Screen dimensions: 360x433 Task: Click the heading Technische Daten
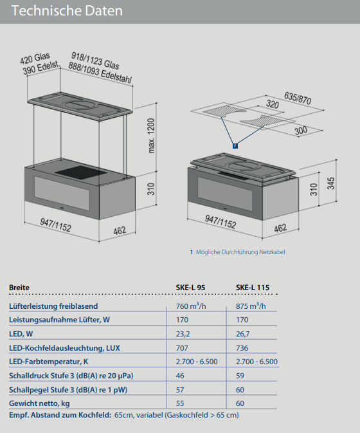tap(67, 11)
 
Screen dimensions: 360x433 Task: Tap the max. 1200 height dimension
tap(152, 136)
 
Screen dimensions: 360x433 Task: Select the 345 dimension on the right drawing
tap(331, 183)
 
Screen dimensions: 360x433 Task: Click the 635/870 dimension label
tap(298, 98)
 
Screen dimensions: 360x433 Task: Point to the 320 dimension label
tap(273, 104)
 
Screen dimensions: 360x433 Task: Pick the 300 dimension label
tap(301, 130)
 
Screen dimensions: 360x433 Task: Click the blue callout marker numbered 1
tap(235, 146)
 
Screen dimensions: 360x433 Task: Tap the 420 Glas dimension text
tap(35, 59)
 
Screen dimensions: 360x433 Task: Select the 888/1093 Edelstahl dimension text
tap(100, 73)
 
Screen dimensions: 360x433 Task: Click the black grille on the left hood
tap(80, 172)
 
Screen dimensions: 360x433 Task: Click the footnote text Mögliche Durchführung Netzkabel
tap(240, 252)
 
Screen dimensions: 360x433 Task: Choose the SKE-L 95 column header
tap(190, 288)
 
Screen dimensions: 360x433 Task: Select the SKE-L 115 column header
tap(253, 288)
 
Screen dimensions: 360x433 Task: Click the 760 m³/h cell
tap(191, 306)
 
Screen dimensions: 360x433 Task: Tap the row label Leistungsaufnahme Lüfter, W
tap(59, 320)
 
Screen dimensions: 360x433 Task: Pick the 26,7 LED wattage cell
tap(243, 334)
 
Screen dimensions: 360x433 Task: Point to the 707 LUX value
tap(182, 348)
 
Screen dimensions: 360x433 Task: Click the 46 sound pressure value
tap(180, 376)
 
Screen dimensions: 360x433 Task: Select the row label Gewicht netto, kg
tap(39, 403)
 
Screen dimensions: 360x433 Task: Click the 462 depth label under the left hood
tap(120, 230)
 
